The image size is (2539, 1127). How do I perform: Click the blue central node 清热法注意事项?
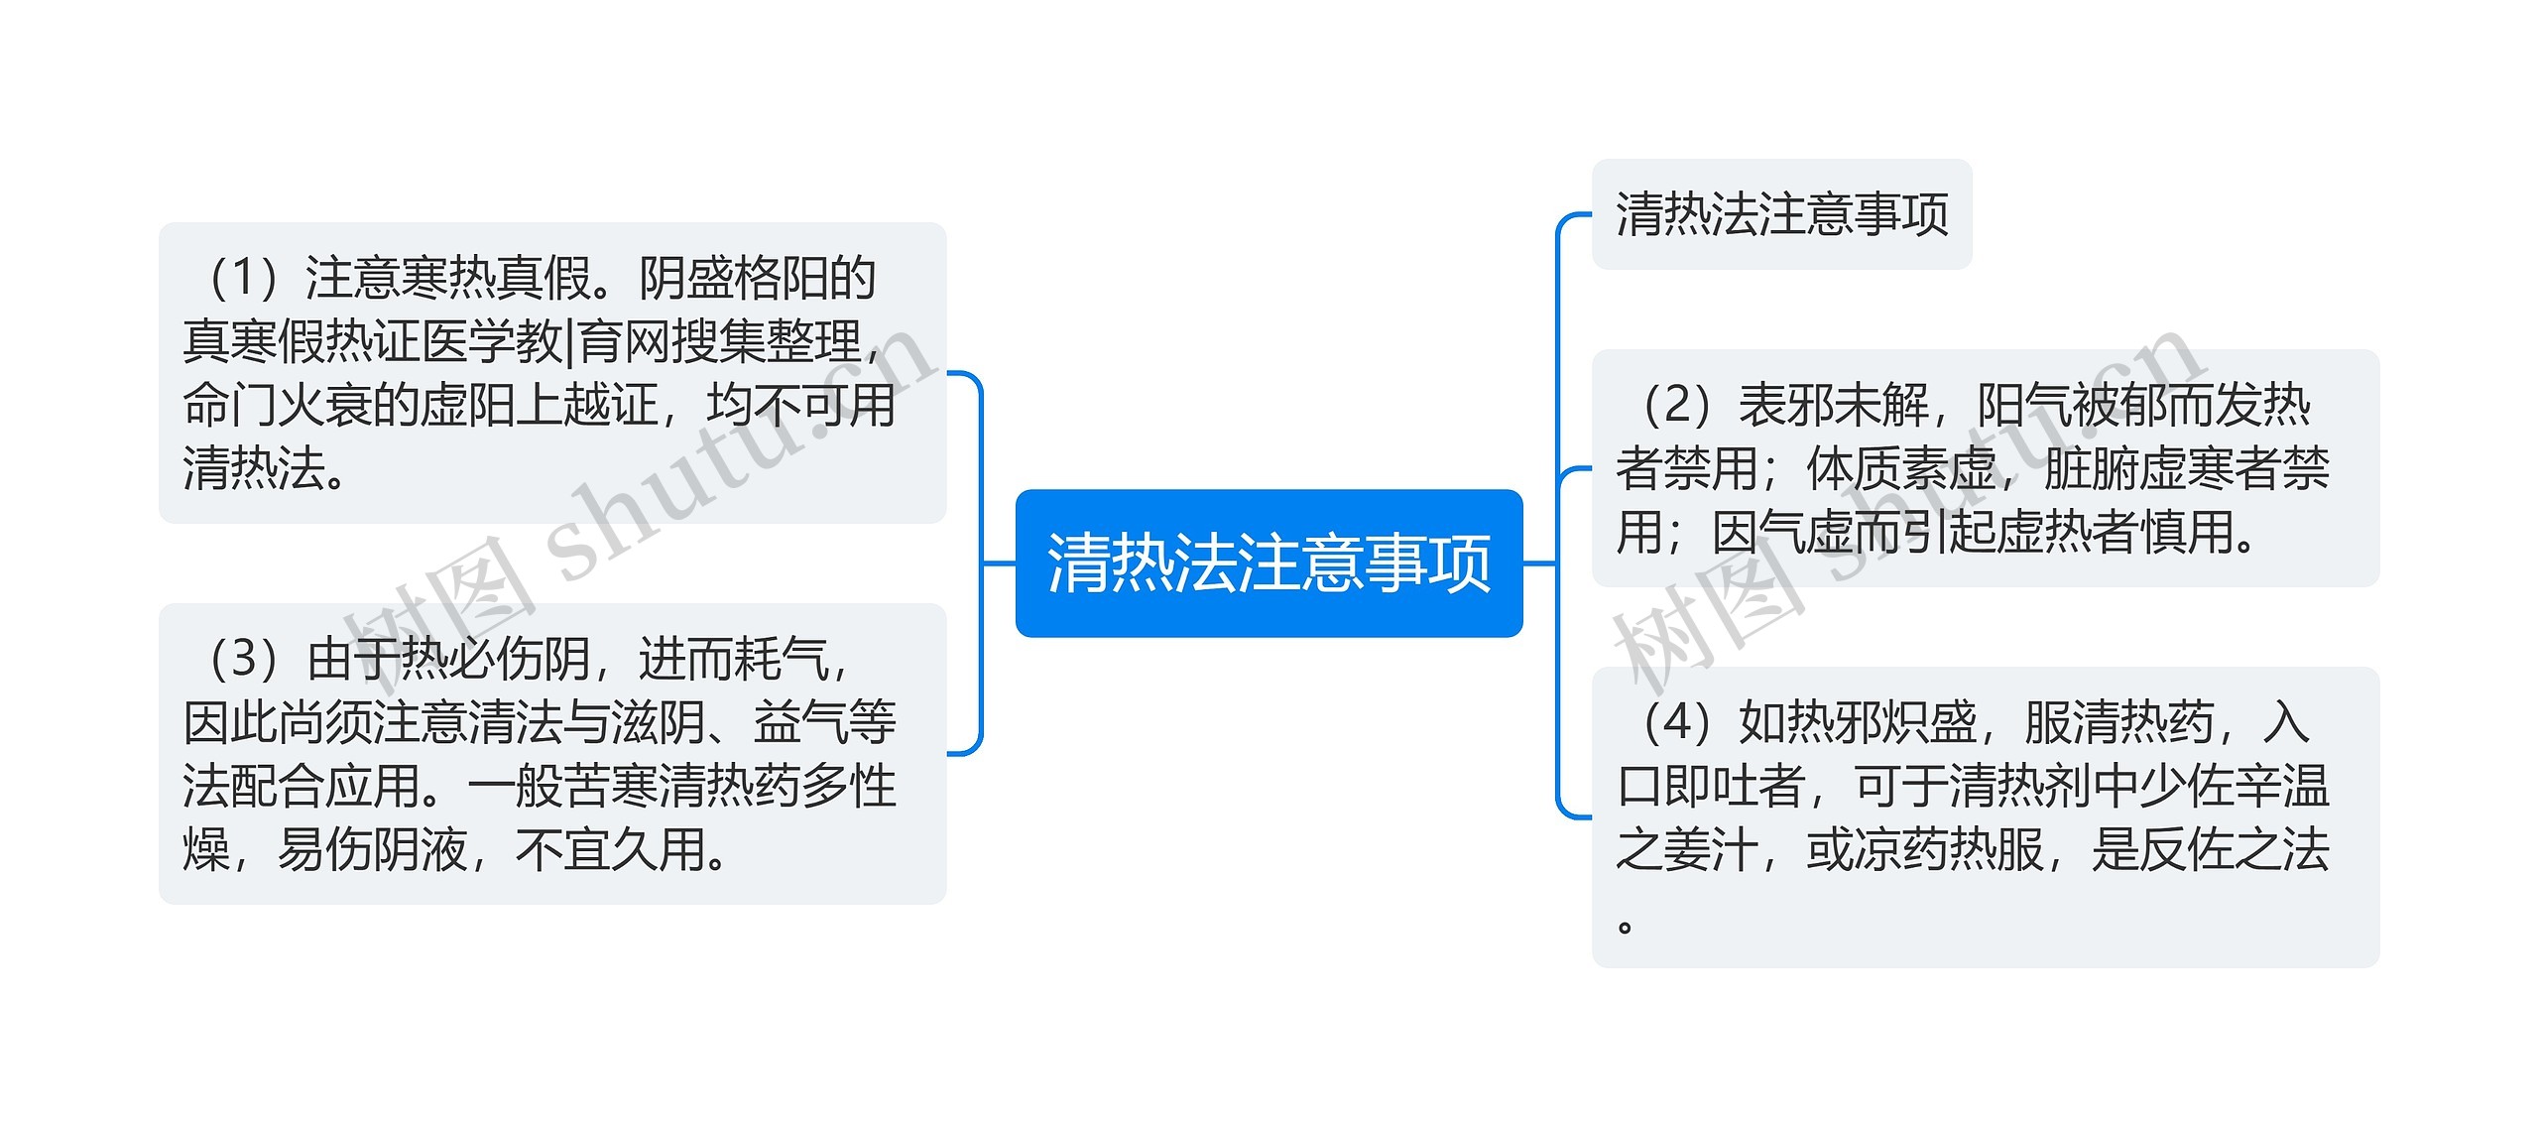pyautogui.click(x=1269, y=563)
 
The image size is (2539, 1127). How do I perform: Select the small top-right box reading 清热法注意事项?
pyautogui.click(x=1781, y=214)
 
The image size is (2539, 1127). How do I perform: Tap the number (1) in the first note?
pyautogui.click(x=242, y=278)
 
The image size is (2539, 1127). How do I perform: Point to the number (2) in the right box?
pyautogui.click(x=1676, y=405)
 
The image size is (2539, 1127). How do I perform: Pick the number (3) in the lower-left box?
pyautogui.click(x=243, y=659)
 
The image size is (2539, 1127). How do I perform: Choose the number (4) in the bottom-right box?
pyautogui.click(x=1676, y=722)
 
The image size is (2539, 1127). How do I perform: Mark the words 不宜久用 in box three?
pyautogui.click(x=610, y=849)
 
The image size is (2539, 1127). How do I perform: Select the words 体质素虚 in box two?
pyautogui.click(x=1900, y=468)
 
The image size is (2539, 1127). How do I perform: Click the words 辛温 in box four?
pyautogui.click(x=2281, y=786)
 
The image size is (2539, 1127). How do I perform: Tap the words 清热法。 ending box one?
pyautogui.click(x=266, y=468)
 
